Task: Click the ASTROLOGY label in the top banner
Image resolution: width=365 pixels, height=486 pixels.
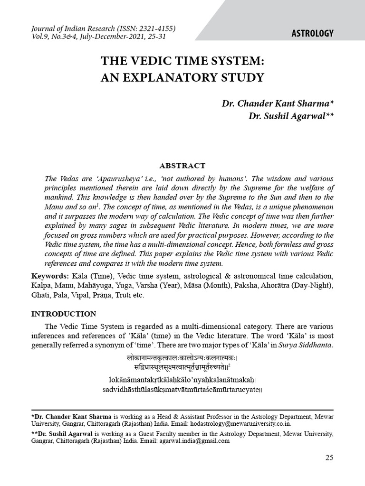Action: pos(311,33)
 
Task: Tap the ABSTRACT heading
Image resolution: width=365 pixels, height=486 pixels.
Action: pos(182,166)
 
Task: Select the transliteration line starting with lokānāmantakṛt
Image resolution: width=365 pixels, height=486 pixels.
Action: pos(182,380)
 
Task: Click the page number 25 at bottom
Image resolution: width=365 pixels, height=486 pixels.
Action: pos(329,458)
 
